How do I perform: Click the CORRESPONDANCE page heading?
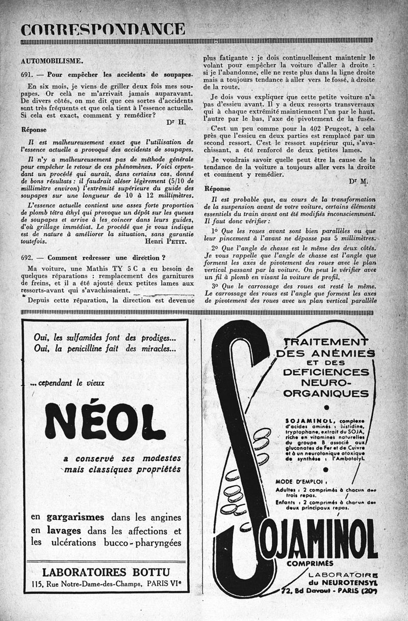click(103, 29)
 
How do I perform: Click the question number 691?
click(28, 74)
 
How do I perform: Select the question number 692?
click(28, 258)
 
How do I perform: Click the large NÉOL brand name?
click(105, 421)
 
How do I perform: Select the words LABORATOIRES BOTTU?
click(106, 571)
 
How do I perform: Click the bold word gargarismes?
click(75, 517)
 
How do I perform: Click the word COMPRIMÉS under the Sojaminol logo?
click(310, 563)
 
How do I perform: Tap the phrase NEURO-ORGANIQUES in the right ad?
click(326, 388)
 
